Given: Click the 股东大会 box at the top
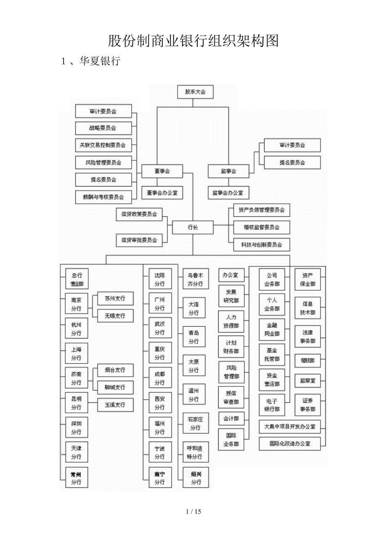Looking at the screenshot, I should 195,92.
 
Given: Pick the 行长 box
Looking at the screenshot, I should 193,227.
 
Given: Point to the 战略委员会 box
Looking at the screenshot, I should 103,128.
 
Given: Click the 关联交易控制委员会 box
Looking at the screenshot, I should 103,145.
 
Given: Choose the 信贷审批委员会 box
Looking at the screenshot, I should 139,240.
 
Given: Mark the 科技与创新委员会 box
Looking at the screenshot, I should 261,244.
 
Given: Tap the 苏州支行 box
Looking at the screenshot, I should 115,298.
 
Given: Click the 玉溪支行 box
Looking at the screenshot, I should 115,404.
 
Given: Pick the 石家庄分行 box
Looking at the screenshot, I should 195,423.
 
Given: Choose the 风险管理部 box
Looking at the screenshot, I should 231,372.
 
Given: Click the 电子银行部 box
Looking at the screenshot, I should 272,404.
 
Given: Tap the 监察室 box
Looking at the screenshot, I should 307,380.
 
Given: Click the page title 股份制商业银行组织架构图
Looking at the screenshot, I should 193,41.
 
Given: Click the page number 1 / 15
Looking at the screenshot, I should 193,512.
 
